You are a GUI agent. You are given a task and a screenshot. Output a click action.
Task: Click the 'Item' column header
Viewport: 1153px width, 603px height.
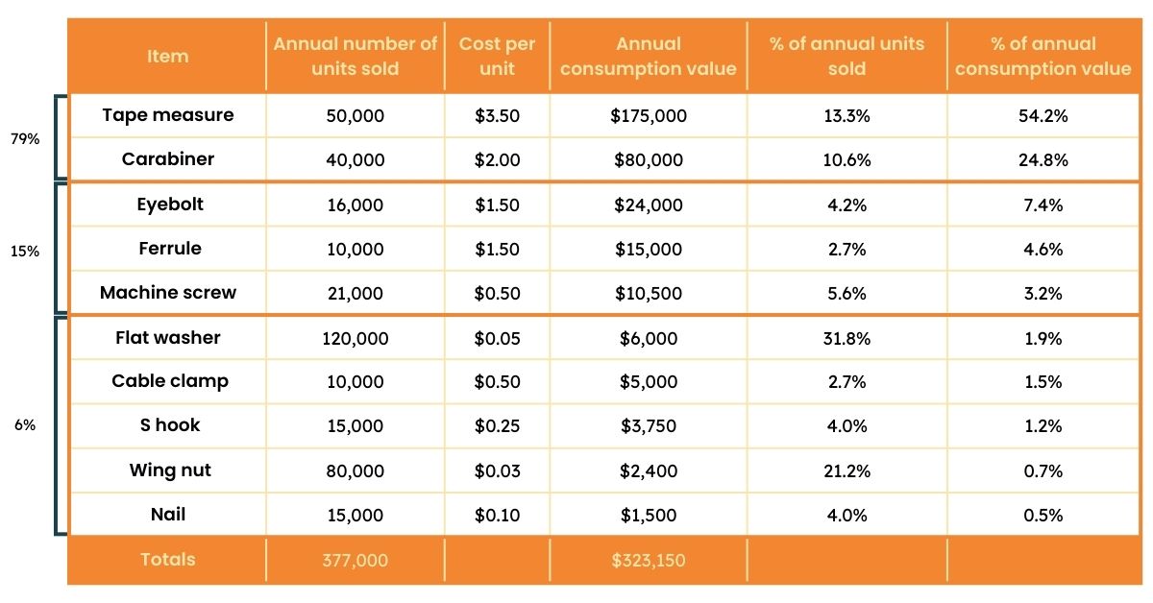(167, 57)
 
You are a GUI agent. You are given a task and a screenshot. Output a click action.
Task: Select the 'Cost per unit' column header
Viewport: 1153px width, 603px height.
(497, 57)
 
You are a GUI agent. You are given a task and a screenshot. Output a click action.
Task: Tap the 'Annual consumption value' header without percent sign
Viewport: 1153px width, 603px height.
(649, 57)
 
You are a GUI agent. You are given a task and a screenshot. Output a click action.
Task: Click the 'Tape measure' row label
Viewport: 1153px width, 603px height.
(167, 115)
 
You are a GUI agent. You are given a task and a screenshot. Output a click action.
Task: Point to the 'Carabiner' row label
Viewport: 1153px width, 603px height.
(167, 159)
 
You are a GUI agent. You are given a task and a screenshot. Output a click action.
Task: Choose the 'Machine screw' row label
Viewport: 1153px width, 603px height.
(167, 293)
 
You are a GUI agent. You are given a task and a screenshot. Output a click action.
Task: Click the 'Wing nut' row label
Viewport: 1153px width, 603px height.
(170, 470)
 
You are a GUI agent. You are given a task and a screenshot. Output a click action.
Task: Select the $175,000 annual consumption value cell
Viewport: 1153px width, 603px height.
(649, 116)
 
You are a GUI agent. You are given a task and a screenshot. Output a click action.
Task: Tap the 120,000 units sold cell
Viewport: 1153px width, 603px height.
(355, 338)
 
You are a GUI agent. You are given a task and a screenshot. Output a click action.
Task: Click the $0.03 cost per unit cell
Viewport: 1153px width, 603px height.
(497, 471)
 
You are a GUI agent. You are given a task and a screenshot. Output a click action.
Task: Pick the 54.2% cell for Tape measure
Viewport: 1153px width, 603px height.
(1043, 116)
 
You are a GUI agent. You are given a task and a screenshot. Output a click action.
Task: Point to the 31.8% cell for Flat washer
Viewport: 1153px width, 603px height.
(846, 338)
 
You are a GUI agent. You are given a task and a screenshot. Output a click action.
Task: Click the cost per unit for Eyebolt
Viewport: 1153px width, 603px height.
(497, 205)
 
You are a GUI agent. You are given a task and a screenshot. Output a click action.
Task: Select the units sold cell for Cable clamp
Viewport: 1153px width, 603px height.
(355, 382)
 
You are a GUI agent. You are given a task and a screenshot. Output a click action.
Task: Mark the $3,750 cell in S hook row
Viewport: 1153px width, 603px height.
(649, 426)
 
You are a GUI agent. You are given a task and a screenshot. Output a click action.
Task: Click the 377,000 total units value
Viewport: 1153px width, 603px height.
(355, 560)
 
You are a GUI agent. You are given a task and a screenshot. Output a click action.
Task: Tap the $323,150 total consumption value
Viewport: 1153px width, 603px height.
(649, 560)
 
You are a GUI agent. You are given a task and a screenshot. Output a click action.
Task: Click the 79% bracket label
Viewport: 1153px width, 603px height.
(25, 138)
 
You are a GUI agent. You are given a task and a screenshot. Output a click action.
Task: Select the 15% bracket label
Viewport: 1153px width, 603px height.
(25, 251)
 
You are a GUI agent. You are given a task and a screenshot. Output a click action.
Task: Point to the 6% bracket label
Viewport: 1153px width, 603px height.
(25, 425)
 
